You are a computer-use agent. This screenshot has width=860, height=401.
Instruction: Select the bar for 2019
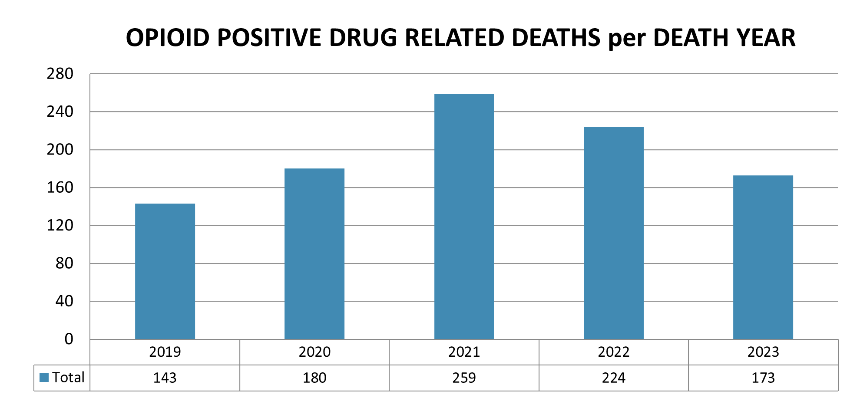pos(165,271)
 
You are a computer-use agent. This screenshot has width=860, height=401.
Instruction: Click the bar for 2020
pos(314,254)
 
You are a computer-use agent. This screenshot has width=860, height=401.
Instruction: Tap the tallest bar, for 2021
pos(464,217)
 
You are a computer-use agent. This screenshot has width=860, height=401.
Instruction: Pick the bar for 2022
pos(613,233)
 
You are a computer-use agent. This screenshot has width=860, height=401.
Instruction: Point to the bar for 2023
pos(763,257)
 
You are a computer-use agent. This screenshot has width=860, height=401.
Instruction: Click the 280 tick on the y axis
pos(60,74)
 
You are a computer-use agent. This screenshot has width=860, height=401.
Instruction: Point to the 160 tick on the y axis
pos(60,187)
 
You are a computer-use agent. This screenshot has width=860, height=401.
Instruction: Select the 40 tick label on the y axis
pos(64,301)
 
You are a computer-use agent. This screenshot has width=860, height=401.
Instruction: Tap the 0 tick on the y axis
pos(69,339)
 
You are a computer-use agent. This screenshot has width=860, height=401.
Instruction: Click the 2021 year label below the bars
pos(464,352)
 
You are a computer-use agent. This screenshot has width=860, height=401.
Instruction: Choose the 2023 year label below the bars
pos(763,352)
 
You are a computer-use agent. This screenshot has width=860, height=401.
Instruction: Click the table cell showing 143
pos(165,378)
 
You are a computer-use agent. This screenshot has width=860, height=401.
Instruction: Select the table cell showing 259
pos(464,378)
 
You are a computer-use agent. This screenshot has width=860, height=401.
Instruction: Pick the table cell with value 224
pos(613,378)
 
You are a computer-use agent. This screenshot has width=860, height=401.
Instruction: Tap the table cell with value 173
pos(763,378)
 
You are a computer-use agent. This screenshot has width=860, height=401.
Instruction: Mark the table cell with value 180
pos(314,378)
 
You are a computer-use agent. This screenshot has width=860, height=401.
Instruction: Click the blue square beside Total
pos(44,378)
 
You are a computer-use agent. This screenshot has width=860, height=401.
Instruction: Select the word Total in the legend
pos(68,378)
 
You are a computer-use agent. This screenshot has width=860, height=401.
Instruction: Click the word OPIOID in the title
pos(168,38)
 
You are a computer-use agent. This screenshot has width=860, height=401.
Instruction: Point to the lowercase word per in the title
pos(626,39)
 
